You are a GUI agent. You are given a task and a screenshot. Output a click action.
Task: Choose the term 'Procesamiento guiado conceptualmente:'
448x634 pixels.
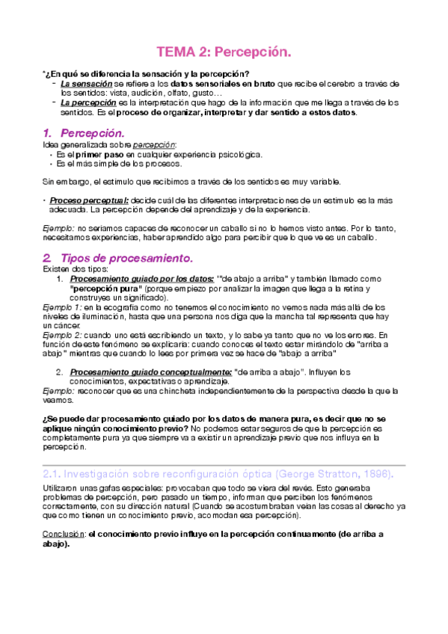point(149,372)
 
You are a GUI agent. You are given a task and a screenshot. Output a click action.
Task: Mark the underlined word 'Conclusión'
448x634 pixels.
point(63,535)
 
